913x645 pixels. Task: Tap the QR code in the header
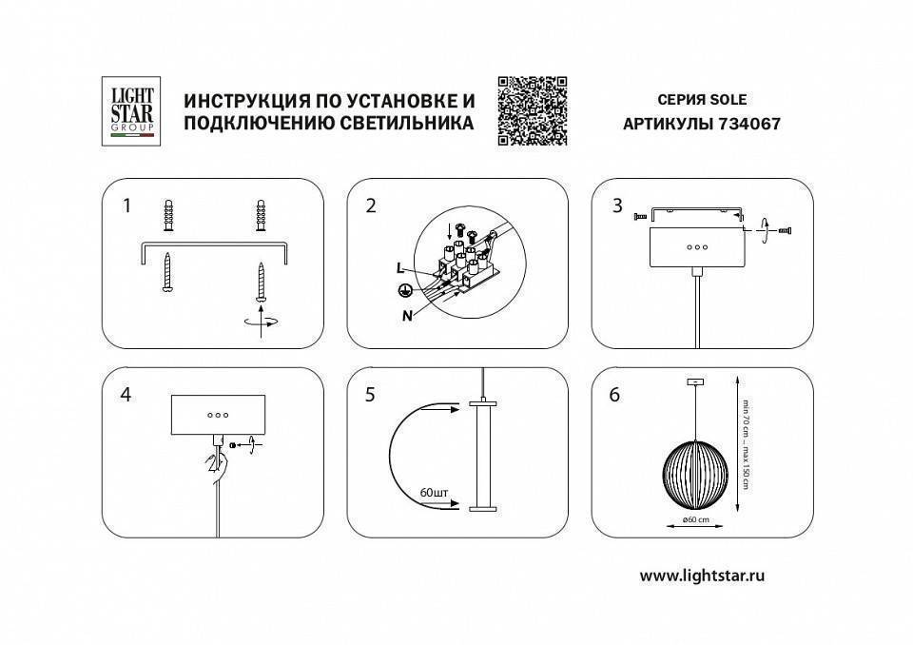(x=533, y=110)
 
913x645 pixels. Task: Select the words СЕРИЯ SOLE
(x=702, y=99)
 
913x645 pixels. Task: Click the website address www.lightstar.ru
(x=703, y=575)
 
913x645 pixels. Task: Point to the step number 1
(x=126, y=205)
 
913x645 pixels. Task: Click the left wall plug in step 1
(x=169, y=215)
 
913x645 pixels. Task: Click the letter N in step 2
(x=406, y=317)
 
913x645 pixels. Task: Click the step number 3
(x=617, y=205)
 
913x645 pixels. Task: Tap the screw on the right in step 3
(x=785, y=230)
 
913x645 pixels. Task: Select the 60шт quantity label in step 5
(x=434, y=492)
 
